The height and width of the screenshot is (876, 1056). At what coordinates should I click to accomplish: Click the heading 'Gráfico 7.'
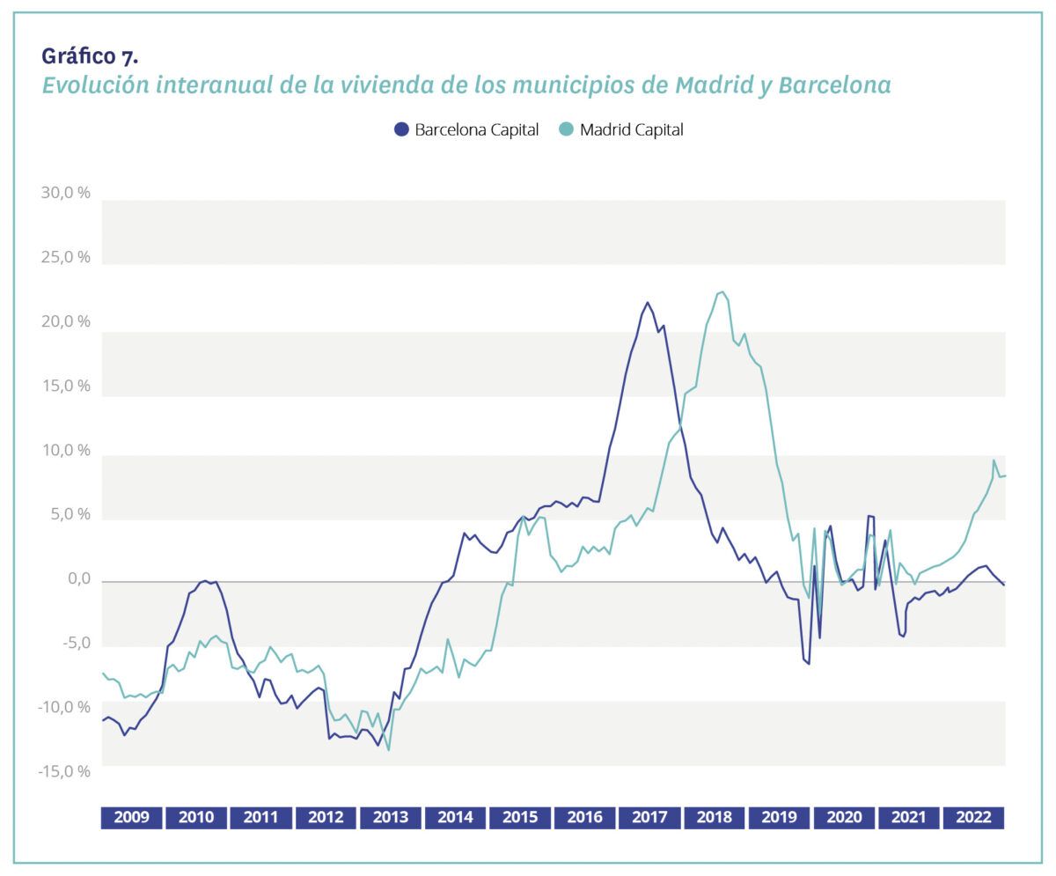tap(90, 57)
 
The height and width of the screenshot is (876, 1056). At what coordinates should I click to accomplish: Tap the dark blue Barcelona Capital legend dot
tap(401, 129)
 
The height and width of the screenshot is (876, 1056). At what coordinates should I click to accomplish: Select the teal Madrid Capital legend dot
tap(566, 129)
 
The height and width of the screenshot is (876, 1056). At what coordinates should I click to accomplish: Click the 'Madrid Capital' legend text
tap(631, 129)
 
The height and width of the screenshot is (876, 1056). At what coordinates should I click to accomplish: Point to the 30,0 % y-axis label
tap(66, 193)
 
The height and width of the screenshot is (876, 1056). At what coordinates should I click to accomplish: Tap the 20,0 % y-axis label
tap(66, 321)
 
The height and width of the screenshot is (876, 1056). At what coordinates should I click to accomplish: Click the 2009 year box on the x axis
tap(132, 817)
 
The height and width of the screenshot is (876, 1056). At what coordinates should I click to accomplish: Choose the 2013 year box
tap(391, 817)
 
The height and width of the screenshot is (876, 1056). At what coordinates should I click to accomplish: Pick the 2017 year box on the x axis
tap(649, 817)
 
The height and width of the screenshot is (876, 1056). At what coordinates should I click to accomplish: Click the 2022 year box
tap(973, 817)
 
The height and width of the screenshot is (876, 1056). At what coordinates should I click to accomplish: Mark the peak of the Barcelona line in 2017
tap(648, 303)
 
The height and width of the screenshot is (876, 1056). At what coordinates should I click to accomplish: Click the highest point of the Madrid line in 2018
tap(722, 291)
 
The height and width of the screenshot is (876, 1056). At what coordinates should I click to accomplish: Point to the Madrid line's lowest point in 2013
tap(388, 749)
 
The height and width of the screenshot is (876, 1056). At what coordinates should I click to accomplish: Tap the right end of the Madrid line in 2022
tap(1004, 475)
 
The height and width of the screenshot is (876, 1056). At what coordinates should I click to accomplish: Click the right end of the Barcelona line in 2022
tap(1004, 585)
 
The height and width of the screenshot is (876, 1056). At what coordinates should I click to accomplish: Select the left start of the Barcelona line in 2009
tap(103, 720)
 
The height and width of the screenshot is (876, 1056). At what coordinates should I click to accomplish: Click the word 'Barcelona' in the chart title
tap(835, 85)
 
